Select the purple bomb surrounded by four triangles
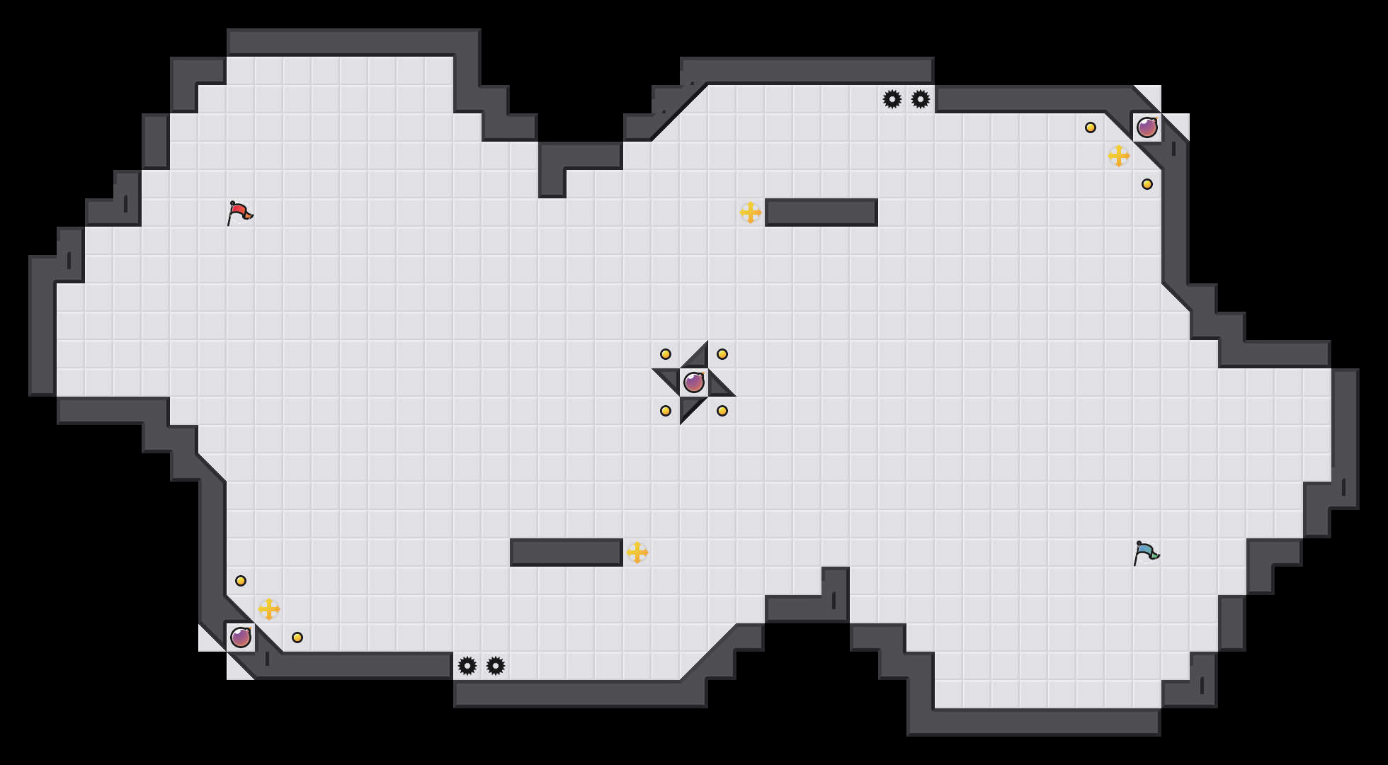coord(694,382)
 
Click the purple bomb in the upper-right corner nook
coord(1147,127)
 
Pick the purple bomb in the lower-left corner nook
coord(241,637)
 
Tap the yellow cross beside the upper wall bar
coord(751,212)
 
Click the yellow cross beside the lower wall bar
coord(637,552)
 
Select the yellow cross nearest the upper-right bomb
coord(1119,156)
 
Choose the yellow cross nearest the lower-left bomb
coord(269,609)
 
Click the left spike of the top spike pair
coord(892,99)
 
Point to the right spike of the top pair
coord(921,99)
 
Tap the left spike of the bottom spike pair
coord(467,666)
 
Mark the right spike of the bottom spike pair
coord(496,666)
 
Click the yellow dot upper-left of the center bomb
coord(666,354)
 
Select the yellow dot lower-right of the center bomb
coord(722,411)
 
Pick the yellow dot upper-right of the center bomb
coord(722,354)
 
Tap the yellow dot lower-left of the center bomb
coord(666,411)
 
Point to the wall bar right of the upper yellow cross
coord(821,212)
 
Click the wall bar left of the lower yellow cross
coord(567,552)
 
